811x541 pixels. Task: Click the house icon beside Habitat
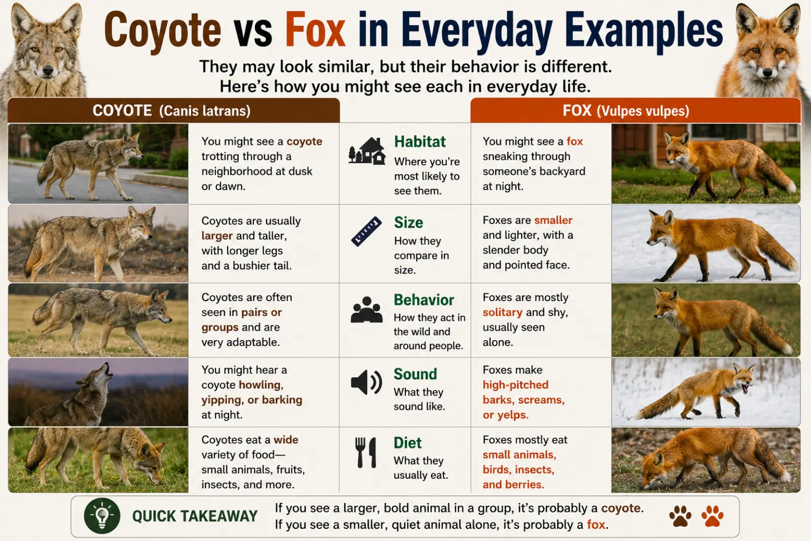pos(366,151)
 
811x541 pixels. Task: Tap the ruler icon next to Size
pos(366,231)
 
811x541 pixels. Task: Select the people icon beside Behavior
pos(366,310)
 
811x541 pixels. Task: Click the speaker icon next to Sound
pos(366,382)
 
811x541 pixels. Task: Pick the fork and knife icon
pos(365,452)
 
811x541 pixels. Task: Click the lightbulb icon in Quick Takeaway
pos(102,516)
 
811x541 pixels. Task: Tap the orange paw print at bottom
pos(712,516)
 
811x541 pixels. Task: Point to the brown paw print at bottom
pos(680,516)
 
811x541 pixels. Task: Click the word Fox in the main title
pos(315,30)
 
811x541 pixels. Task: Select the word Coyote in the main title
pos(162,32)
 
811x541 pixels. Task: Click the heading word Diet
pos(408,443)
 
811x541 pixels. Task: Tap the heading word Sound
pos(415,374)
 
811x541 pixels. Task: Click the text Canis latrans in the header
pos(205,111)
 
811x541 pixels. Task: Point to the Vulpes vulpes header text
pos(643,111)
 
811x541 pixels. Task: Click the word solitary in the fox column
pos(502,312)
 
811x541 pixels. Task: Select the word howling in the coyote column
pos(261,385)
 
